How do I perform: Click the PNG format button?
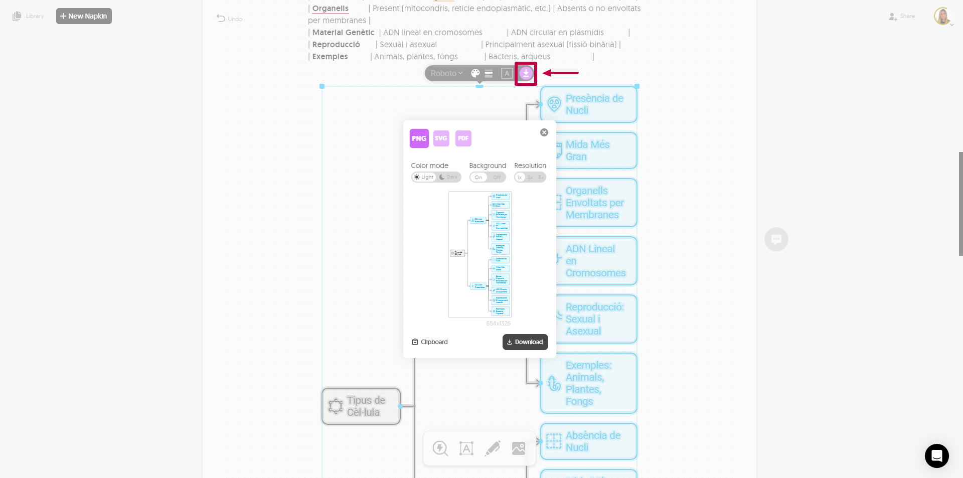click(x=419, y=138)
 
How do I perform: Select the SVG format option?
click(x=441, y=138)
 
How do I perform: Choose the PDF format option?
click(x=463, y=138)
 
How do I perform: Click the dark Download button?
click(x=525, y=342)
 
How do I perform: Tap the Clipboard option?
click(x=430, y=342)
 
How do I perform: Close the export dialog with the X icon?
click(x=544, y=132)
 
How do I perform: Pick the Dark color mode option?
click(x=449, y=177)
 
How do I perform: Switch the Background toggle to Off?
click(x=497, y=177)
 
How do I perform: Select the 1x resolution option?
click(x=520, y=177)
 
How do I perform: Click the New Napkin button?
click(x=84, y=16)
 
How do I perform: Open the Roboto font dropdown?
click(x=446, y=73)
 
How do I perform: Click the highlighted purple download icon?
click(x=526, y=73)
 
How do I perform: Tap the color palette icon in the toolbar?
click(x=475, y=73)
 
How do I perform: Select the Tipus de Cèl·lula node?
click(x=361, y=406)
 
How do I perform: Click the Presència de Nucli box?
click(x=588, y=104)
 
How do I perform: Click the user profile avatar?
click(x=942, y=16)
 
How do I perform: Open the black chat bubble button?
click(x=936, y=455)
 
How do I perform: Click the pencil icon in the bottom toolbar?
click(x=493, y=448)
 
